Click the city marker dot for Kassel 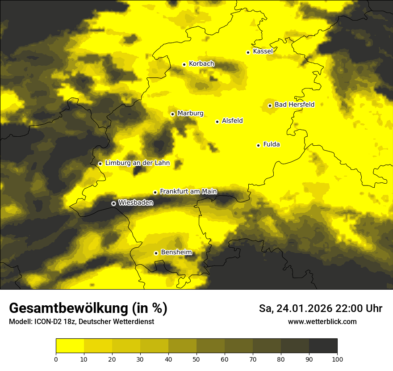(248, 52)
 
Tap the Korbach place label (201, 64)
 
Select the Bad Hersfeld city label (294, 105)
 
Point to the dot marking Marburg (172, 114)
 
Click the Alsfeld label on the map (232, 121)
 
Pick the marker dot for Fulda (258, 145)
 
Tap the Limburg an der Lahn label (137, 163)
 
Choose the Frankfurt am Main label (188, 192)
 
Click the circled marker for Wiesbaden (113, 203)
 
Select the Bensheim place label (176, 253)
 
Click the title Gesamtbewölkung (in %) (88, 308)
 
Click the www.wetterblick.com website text (322, 322)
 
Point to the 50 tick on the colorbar (196, 359)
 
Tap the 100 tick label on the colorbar (337, 359)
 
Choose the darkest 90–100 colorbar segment (323, 346)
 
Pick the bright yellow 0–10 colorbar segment (70, 346)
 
